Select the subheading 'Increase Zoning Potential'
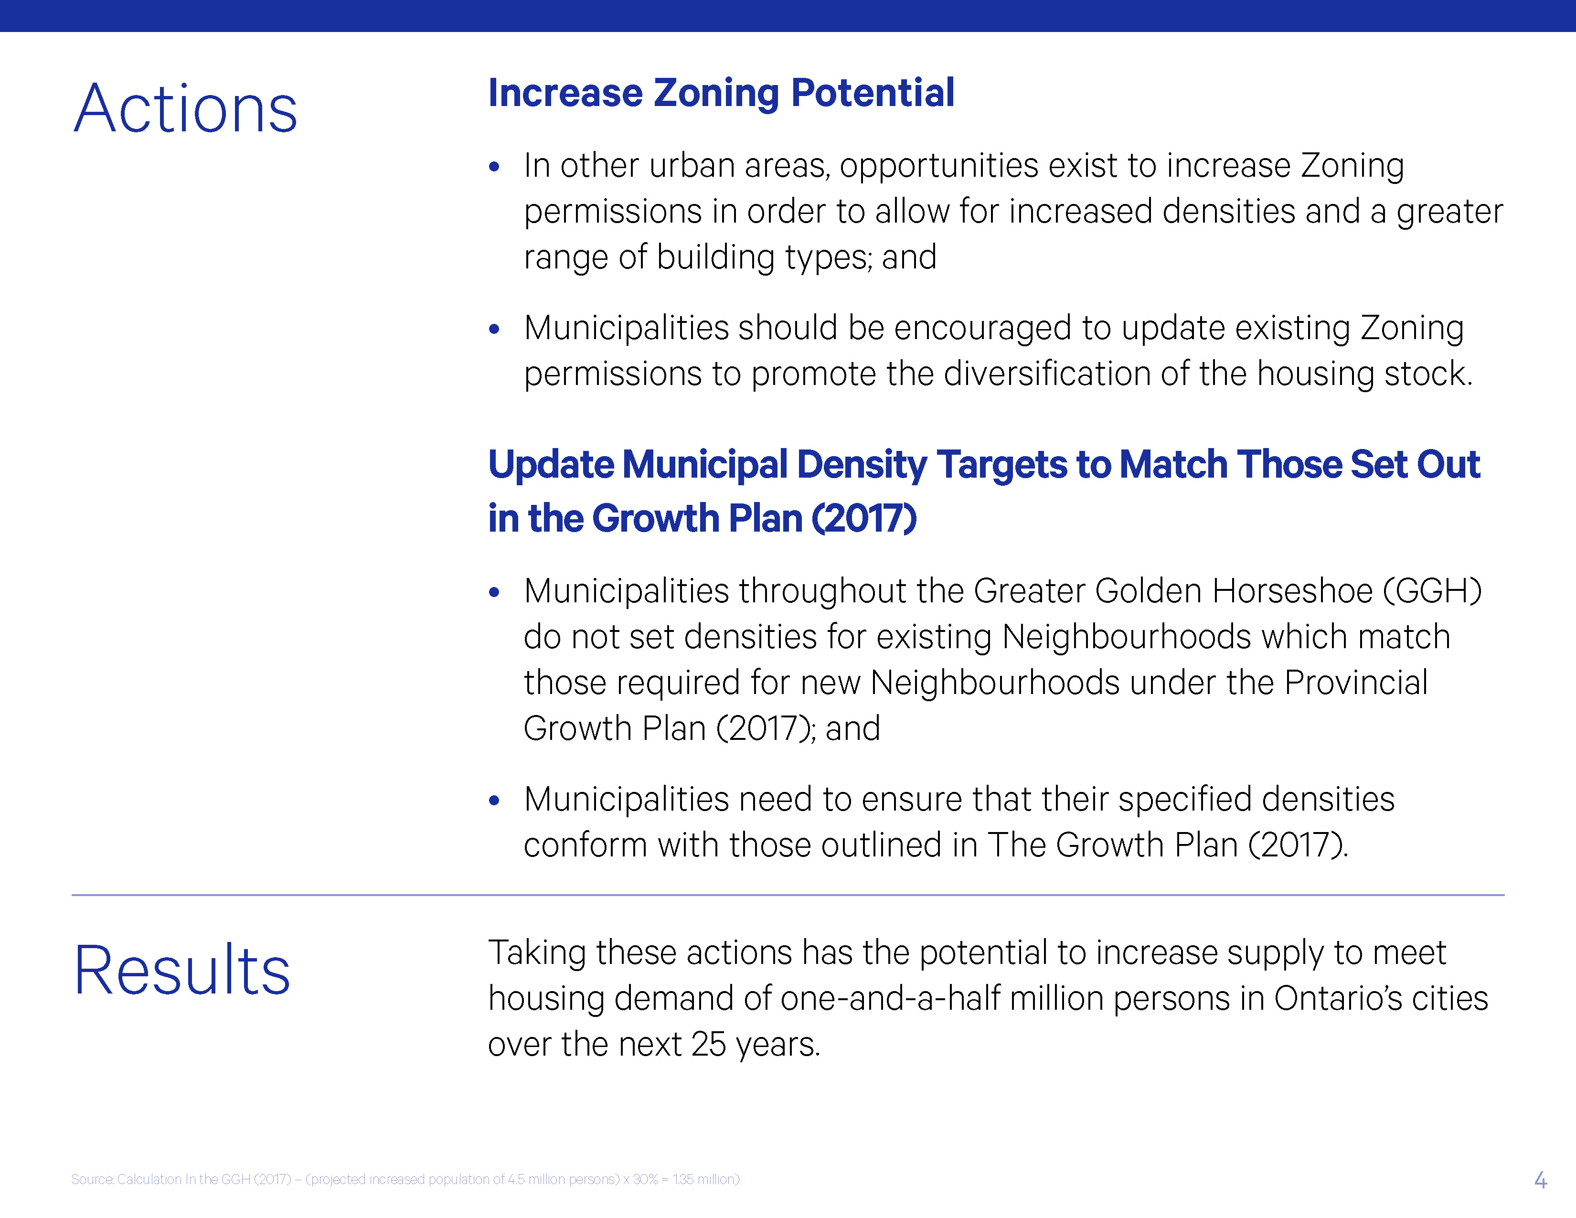pos(721,93)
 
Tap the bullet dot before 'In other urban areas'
pos(494,167)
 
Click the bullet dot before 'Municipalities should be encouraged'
pos(494,330)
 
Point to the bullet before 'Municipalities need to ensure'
pos(494,800)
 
